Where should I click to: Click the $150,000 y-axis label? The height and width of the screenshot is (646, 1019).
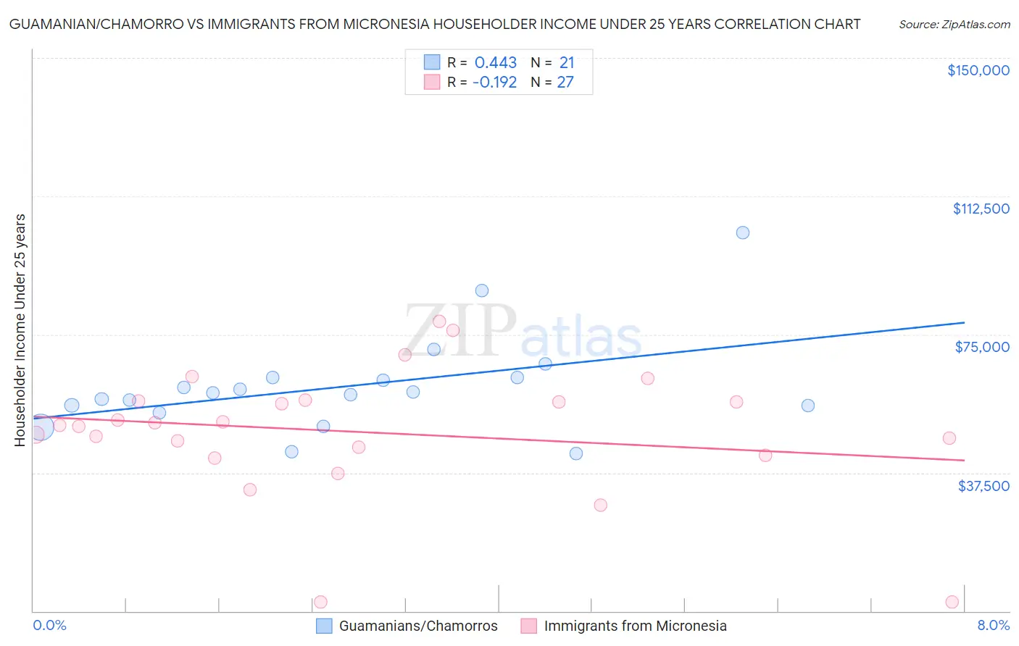click(978, 70)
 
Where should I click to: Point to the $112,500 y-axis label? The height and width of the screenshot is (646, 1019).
click(981, 209)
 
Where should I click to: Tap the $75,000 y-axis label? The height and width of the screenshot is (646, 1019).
click(982, 347)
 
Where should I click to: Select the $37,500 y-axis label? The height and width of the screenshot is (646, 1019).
click(983, 485)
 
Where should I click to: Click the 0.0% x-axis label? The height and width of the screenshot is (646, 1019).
click(49, 625)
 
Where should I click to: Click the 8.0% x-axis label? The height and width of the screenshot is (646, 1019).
click(993, 625)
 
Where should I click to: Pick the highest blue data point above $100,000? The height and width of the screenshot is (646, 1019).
click(742, 232)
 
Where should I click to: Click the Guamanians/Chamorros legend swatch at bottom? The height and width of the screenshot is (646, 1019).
click(324, 626)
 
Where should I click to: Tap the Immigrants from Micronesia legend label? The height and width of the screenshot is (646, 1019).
click(635, 626)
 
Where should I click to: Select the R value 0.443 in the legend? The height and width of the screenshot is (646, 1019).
click(495, 63)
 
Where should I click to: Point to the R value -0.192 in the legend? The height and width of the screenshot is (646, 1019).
click(494, 83)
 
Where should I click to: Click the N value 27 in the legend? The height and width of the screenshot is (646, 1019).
click(565, 83)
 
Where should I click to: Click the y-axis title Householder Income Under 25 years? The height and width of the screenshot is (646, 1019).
click(20, 330)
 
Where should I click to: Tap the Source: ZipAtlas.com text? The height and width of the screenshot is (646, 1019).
click(954, 25)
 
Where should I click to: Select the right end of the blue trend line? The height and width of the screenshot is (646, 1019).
click(964, 322)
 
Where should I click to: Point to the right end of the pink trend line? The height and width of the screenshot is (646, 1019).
click(964, 460)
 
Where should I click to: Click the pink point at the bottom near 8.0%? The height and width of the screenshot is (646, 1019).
click(952, 602)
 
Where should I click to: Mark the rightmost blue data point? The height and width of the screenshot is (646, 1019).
click(807, 406)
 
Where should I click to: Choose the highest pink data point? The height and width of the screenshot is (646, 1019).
click(439, 322)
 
